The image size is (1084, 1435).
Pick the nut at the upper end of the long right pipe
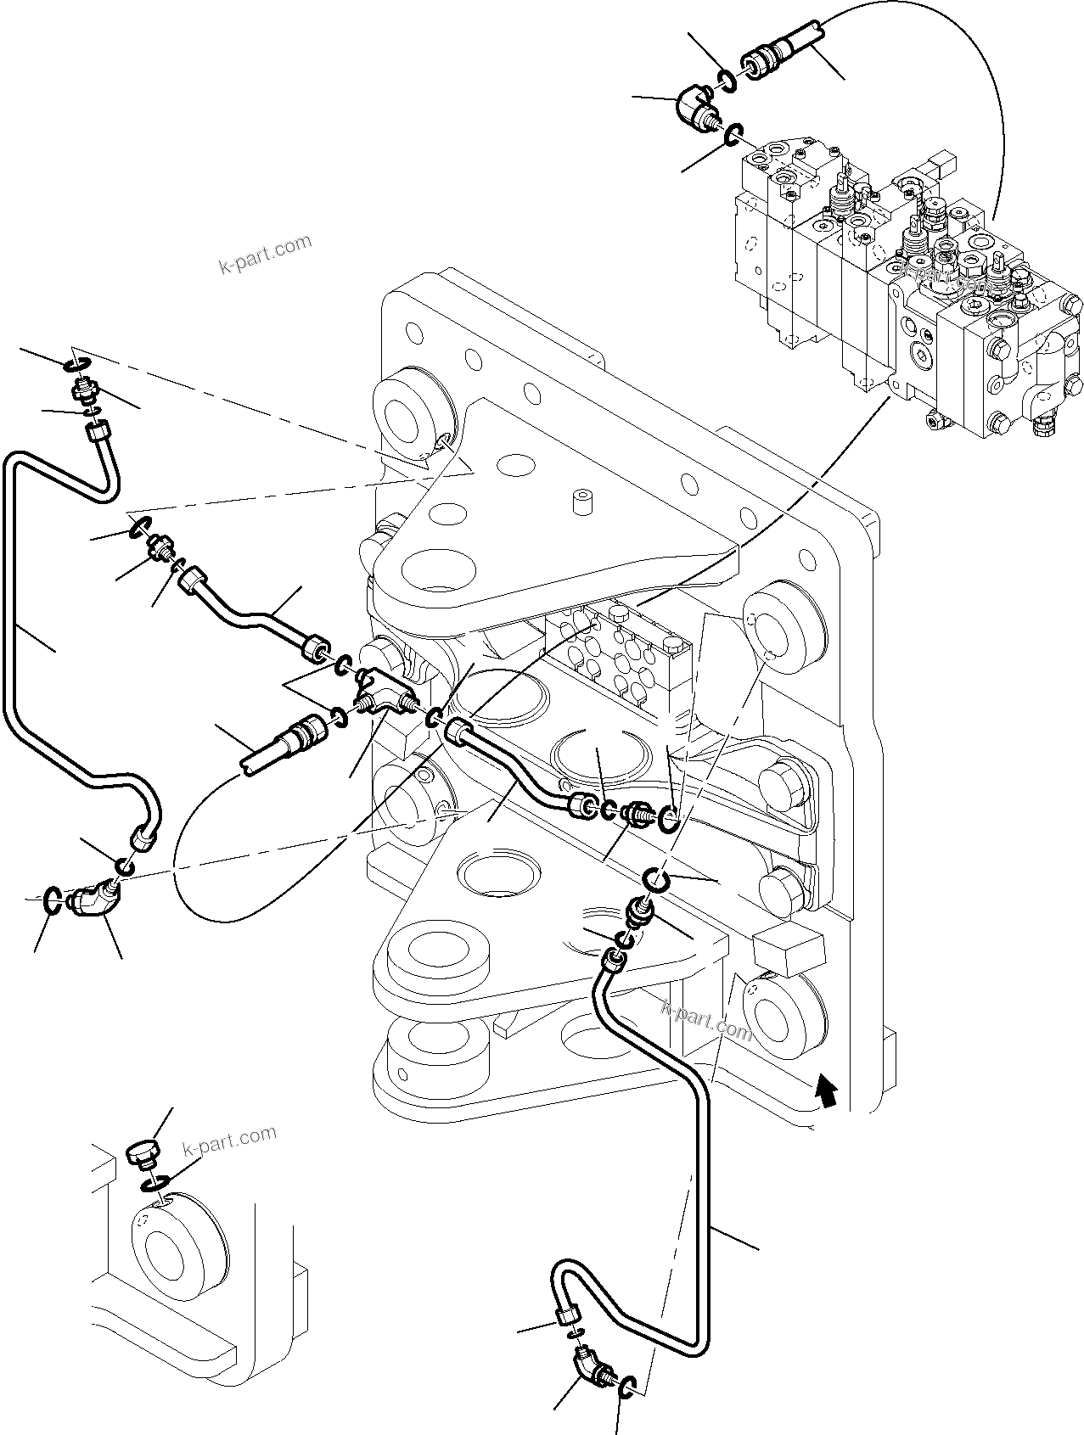point(612,961)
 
